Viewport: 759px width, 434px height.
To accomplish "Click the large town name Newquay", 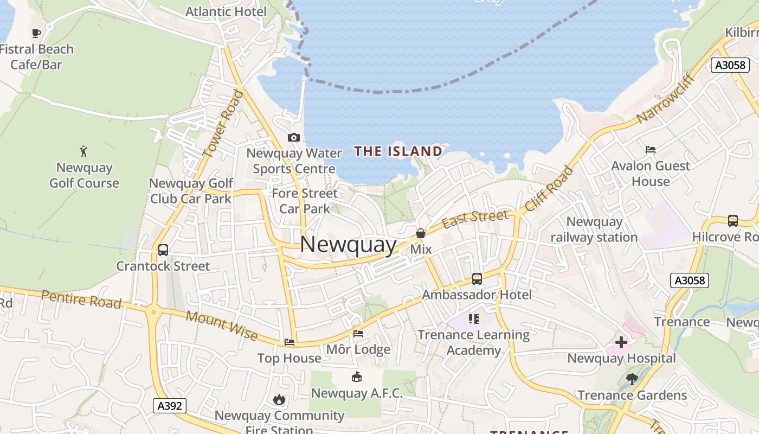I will pos(348,244).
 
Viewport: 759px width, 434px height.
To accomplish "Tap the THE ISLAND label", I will pos(398,151).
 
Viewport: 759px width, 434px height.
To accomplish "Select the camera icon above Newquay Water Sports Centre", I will pos(294,137).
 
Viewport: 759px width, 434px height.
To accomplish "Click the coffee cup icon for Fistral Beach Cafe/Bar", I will pos(36,33).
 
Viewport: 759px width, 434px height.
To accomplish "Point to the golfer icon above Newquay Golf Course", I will pos(83,151).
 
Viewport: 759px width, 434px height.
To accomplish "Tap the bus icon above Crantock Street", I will pos(163,250).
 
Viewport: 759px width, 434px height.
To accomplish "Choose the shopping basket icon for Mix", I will pos(421,234).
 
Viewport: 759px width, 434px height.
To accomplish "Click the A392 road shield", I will pos(169,406).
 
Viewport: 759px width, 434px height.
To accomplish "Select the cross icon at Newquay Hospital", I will pos(621,342).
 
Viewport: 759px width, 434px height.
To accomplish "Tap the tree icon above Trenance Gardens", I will pos(632,379).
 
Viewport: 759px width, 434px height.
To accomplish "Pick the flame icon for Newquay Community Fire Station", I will pos(279,400).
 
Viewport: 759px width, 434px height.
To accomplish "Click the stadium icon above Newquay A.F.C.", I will pos(357,377).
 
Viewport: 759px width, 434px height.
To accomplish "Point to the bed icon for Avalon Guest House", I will pos(651,150).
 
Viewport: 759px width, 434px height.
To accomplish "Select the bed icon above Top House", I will pos(290,342).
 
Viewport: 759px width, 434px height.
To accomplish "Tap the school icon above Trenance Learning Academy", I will pos(474,318).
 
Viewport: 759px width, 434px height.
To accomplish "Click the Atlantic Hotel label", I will pos(226,11).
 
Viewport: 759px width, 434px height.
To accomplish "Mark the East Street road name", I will pos(475,219).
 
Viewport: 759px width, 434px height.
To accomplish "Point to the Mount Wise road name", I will pos(222,324).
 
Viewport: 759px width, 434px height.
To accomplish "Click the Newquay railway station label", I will pos(594,229).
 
